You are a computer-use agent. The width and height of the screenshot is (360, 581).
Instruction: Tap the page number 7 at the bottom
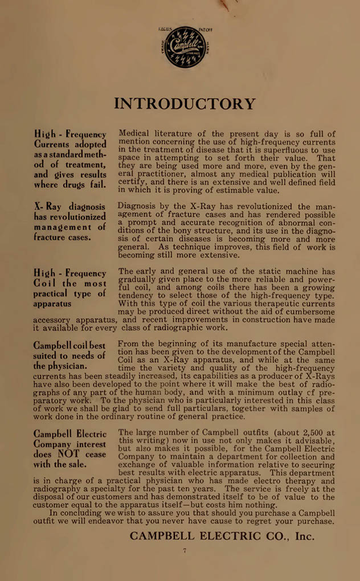tap(185, 550)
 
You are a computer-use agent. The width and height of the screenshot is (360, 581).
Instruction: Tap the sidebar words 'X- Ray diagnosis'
tap(70, 207)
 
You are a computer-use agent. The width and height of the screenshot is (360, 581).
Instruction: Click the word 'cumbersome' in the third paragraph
tap(310, 312)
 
